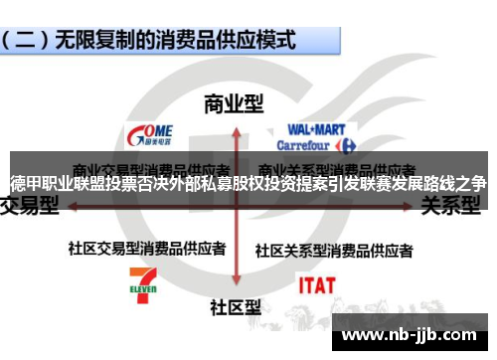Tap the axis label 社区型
235,307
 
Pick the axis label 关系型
452,206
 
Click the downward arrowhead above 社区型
235,287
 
